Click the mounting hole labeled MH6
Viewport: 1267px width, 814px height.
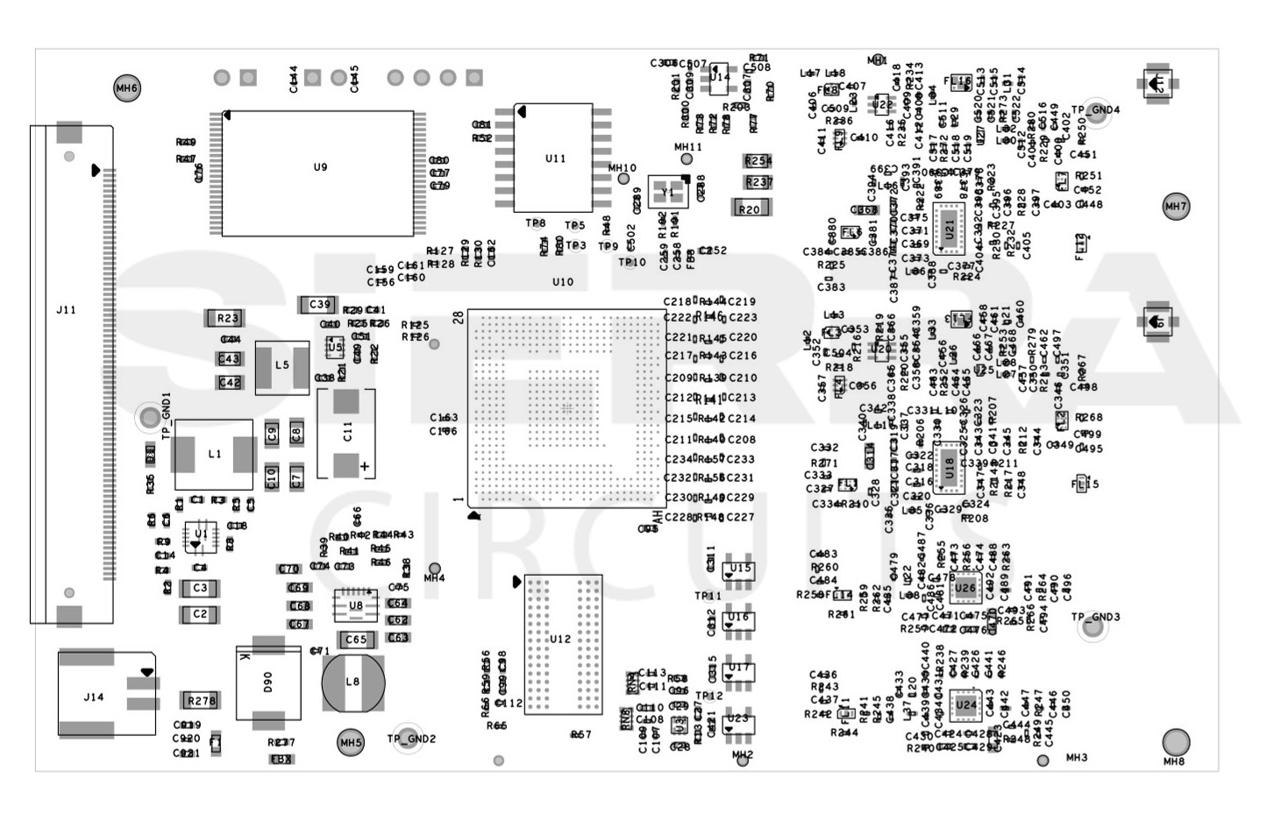(127, 88)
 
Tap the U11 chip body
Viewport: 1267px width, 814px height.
(553, 158)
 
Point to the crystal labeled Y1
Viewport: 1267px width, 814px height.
(668, 192)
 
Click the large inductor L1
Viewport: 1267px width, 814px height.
(214, 454)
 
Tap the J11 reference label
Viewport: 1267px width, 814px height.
(66, 309)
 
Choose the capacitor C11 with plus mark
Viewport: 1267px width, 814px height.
(346, 433)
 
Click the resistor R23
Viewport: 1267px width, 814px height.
(227, 318)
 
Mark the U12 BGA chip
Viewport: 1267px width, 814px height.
(563, 644)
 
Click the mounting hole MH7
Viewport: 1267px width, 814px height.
(1176, 207)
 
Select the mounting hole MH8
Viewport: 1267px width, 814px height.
(1176, 742)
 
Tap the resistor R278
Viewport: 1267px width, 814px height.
(201, 701)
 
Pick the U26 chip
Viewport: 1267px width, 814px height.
(964, 588)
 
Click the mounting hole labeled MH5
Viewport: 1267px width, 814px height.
(350, 743)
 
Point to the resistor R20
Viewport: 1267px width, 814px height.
(750, 209)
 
